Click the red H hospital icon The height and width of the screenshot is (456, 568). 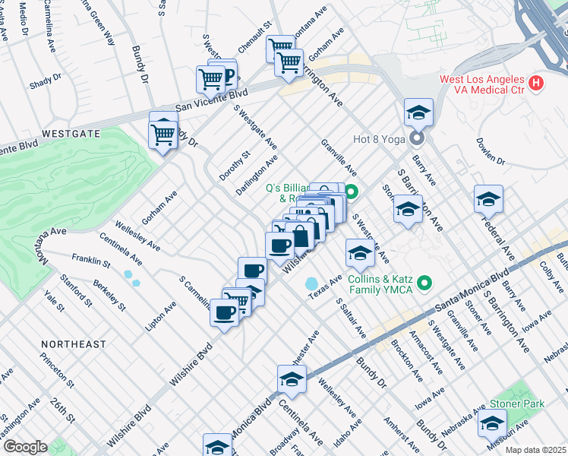538,83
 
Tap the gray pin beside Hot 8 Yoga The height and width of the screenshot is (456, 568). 416,138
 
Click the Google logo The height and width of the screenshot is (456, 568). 25,446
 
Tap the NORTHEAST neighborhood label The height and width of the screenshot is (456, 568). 74,344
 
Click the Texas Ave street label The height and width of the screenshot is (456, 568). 325,288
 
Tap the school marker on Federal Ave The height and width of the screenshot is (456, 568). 488,200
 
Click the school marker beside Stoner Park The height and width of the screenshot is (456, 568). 493,423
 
